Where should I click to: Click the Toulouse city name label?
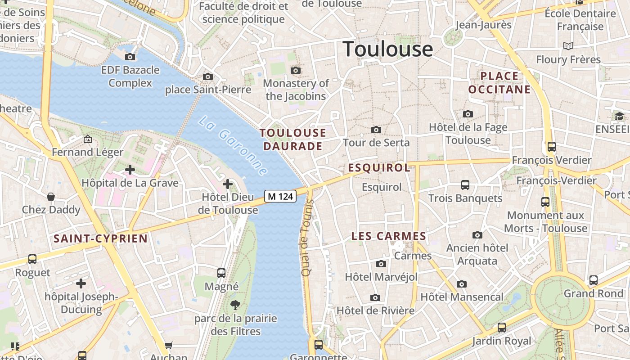[x=388, y=49]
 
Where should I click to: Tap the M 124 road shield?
[x=280, y=196]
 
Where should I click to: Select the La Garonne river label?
[x=233, y=146]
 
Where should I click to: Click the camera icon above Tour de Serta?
[x=376, y=130]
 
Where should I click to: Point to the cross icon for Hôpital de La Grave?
[x=130, y=170]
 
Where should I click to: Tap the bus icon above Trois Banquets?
[x=465, y=185]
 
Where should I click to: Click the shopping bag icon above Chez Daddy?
[x=51, y=197]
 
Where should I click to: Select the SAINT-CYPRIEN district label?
[x=100, y=238]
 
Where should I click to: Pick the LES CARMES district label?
[x=389, y=236]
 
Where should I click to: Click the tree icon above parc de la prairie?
[x=235, y=306]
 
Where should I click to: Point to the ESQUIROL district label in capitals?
[x=379, y=168]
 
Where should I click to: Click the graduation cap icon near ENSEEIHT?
[x=619, y=117]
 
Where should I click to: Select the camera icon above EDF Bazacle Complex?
[x=130, y=57]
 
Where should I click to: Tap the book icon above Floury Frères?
[x=568, y=46]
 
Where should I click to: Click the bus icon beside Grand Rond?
[x=594, y=280]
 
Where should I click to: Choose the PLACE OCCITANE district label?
[x=499, y=83]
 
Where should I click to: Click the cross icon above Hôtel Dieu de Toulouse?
[x=228, y=184]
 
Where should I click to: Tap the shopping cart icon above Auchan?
[x=168, y=345]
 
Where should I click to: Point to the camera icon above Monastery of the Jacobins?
[x=296, y=70]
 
